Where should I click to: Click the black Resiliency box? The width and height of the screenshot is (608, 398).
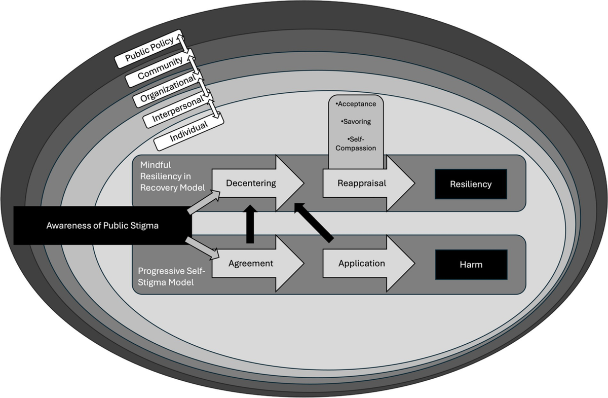[x=471, y=184]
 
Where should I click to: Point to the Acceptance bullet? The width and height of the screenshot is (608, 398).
[x=357, y=104]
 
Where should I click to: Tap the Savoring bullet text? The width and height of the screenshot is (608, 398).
[x=357, y=122]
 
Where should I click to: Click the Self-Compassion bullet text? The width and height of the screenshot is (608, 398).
[x=357, y=143]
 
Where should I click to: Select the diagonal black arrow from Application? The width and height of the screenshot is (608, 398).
[x=314, y=222]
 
